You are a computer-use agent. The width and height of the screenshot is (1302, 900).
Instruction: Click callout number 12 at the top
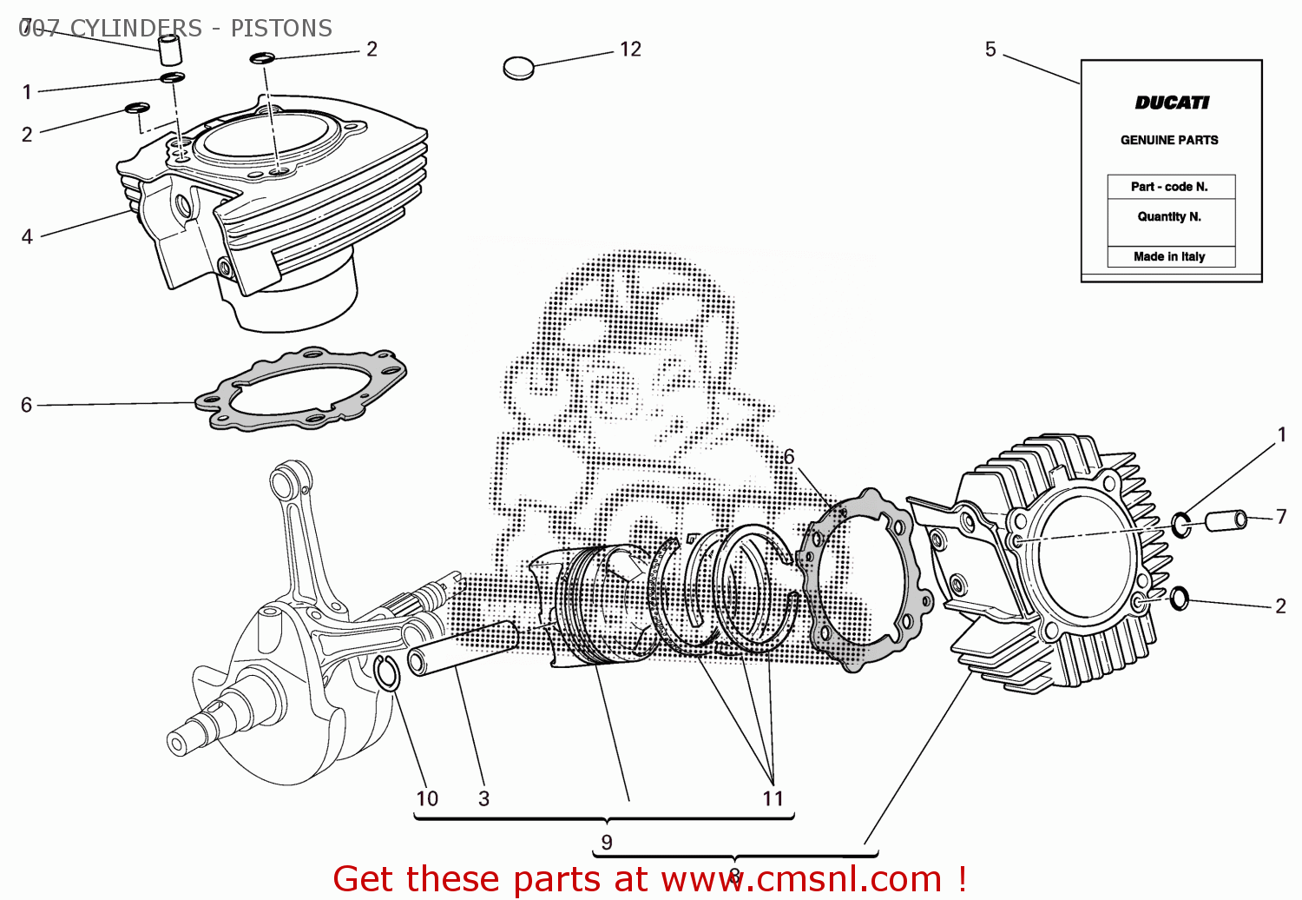(x=630, y=50)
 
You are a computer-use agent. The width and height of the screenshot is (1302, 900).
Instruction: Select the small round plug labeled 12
(x=518, y=68)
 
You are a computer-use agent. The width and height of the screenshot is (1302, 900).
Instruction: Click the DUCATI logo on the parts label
(x=1172, y=103)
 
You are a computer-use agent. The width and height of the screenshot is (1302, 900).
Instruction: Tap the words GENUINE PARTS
(x=1169, y=140)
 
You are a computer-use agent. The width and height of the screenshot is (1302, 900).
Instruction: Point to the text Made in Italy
(x=1169, y=256)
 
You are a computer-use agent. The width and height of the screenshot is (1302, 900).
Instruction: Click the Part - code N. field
(x=1169, y=187)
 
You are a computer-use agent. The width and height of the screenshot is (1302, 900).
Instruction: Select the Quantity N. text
(x=1169, y=216)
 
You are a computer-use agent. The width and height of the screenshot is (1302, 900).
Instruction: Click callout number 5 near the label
(x=990, y=50)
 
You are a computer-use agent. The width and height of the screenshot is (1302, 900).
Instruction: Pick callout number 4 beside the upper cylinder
(x=27, y=236)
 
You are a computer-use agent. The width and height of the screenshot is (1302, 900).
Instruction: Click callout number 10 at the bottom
(x=427, y=798)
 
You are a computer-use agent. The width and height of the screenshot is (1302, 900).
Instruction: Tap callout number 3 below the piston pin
(x=483, y=798)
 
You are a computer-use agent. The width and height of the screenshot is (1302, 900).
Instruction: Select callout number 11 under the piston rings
(x=773, y=798)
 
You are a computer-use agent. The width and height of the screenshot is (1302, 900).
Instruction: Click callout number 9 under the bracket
(x=607, y=842)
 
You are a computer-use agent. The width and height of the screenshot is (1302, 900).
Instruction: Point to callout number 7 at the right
(x=1281, y=517)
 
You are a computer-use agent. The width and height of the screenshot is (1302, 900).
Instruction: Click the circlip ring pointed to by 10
(x=388, y=674)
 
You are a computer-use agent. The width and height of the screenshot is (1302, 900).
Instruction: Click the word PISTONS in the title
(x=281, y=29)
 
